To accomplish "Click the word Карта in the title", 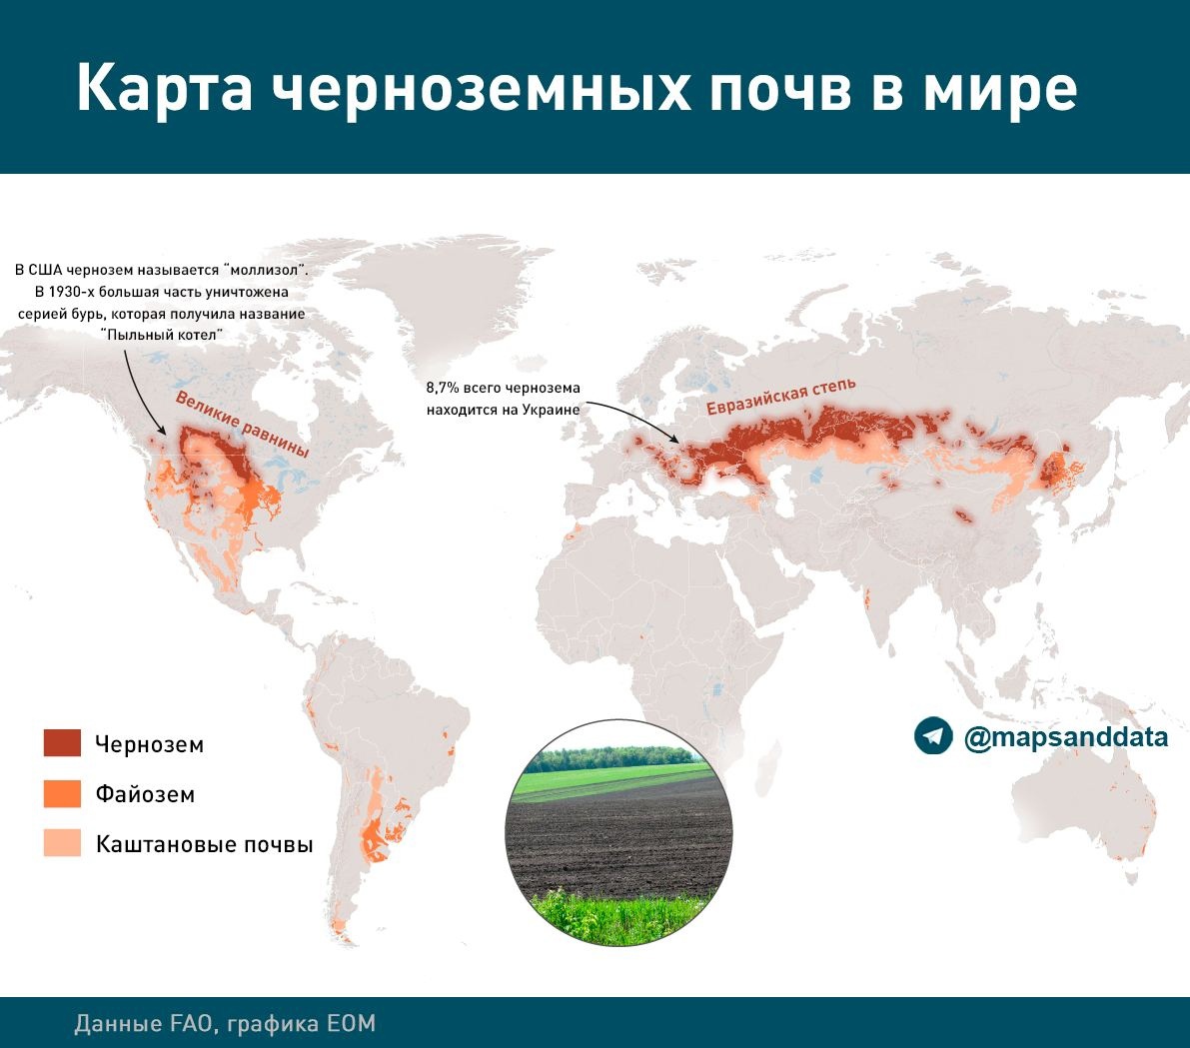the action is pos(164,89).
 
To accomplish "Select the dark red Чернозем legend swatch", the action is pos(62,743).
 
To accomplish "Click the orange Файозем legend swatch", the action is pos(62,794).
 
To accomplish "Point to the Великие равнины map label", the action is pos(242,425).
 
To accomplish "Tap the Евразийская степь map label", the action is pos(781,396).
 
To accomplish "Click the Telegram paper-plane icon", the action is pos(933,736).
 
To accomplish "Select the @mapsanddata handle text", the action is pos(1065,737).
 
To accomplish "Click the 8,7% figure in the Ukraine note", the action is pos(443,388).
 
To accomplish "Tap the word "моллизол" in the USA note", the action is pos(264,270).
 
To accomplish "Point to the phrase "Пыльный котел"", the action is pos(162,335).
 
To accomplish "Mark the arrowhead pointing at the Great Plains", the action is pos(161,430).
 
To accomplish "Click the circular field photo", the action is pos(619,832).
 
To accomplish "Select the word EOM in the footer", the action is pos(352,1024).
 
